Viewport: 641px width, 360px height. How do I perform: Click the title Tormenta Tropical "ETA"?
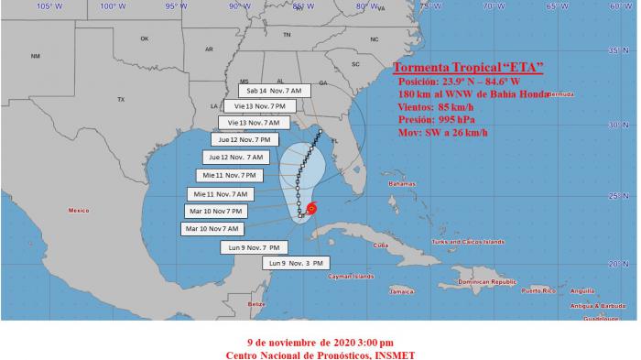pyautogui.click(x=467, y=67)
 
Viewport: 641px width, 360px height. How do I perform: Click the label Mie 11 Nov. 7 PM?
pyautogui.click(x=232, y=175)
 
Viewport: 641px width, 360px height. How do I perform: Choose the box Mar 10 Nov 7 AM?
pyautogui.click(x=212, y=228)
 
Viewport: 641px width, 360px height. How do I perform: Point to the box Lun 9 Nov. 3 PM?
pyautogui.click(x=294, y=263)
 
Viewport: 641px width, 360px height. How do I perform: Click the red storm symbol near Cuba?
pyautogui.click(x=312, y=209)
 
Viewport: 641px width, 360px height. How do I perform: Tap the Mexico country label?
pyautogui.click(x=79, y=211)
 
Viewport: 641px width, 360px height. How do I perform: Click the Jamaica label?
pyautogui.click(x=401, y=290)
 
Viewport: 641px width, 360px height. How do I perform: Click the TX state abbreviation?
pyautogui.click(x=120, y=99)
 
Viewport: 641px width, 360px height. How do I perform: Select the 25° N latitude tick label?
pyautogui.click(x=625, y=195)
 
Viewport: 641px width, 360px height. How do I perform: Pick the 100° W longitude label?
pyautogui.click(x=113, y=6)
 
